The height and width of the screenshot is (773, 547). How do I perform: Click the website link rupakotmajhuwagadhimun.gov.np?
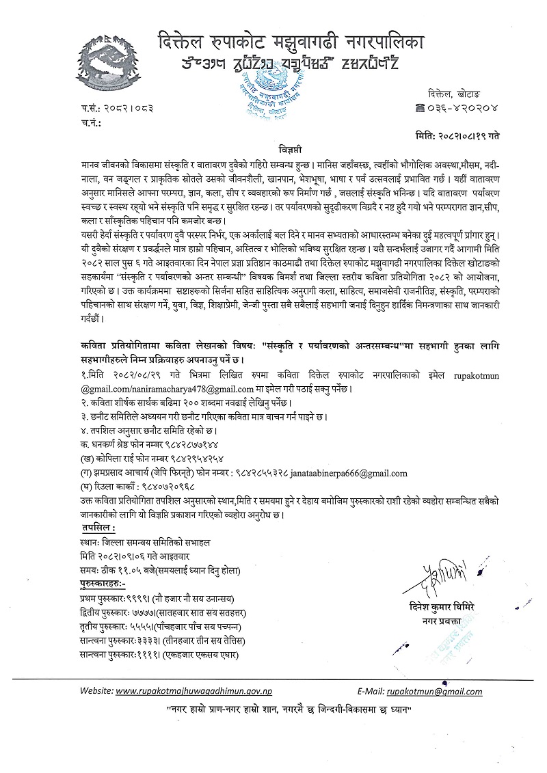pos(185,691)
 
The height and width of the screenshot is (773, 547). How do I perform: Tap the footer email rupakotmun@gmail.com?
pos(434,691)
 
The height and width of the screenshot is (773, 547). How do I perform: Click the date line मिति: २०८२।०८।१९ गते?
pos(457,135)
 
